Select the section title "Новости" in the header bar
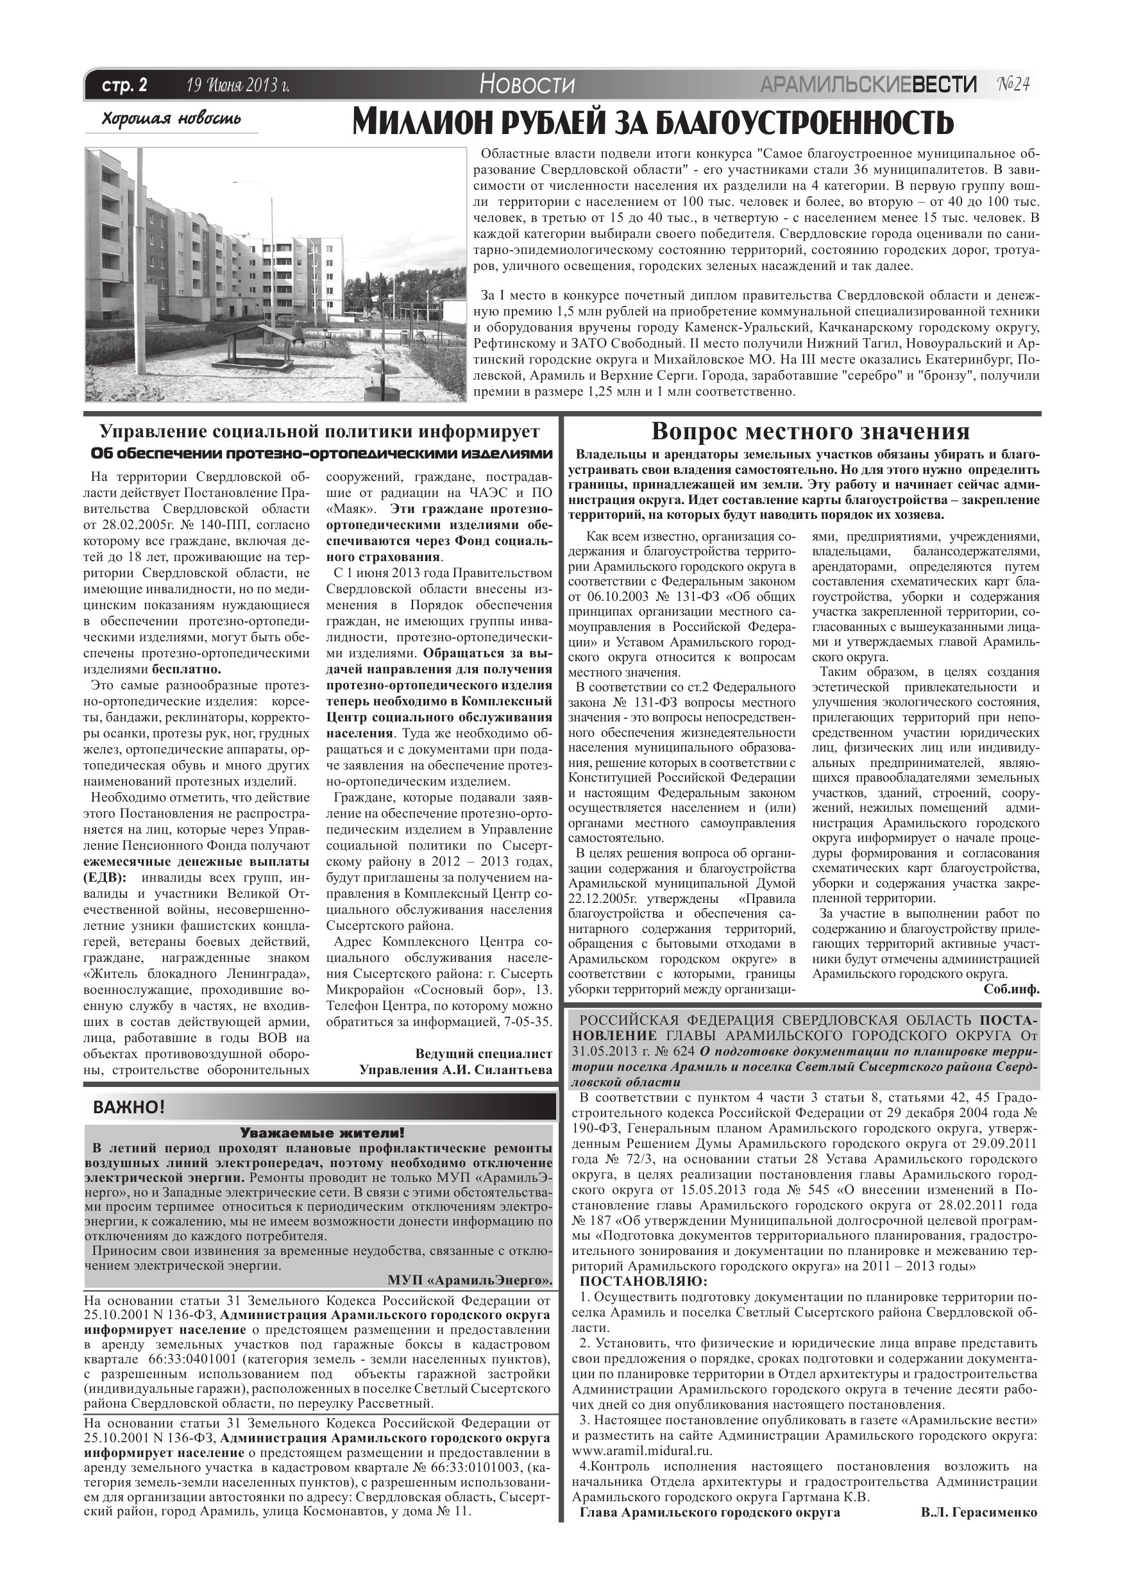pos(527,85)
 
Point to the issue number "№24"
pos(1013,85)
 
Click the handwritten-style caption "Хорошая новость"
pos(171,119)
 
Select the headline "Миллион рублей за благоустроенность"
pos(652,122)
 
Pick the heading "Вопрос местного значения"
pos(810,432)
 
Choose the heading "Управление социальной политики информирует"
pos(319,432)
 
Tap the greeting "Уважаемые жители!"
pos(321,1134)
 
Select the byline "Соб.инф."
pos(1011,989)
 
